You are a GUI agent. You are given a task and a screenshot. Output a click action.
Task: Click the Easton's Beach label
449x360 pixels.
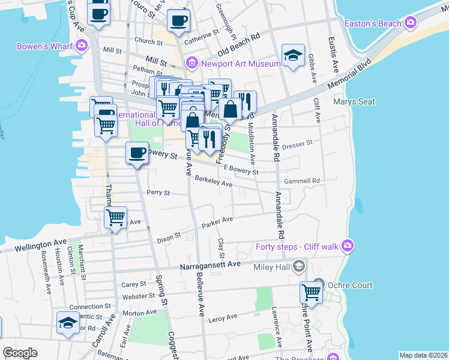pyautogui.click(x=373, y=23)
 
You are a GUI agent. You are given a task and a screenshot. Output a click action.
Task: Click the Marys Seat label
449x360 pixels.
pyautogui.click(x=354, y=101)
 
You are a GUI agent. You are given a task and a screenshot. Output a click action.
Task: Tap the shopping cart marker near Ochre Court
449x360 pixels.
pyautogui.click(x=311, y=293)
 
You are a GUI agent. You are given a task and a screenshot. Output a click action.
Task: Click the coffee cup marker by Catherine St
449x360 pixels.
pyautogui.click(x=178, y=21)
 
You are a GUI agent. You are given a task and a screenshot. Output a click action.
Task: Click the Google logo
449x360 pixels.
pyautogui.click(x=20, y=353)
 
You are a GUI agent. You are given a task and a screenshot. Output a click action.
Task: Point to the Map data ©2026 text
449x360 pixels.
pyautogui.click(x=423, y=355)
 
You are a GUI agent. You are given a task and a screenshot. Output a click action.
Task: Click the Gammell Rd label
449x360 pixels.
pyautogui.click(x=302, y=181)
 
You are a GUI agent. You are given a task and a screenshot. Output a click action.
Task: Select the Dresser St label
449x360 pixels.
pyautogui.click(x=298, y=143)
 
